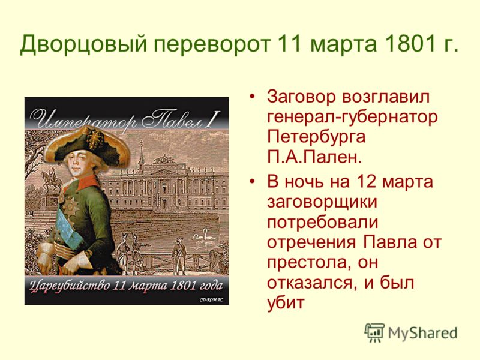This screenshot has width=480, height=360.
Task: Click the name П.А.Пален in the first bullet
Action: [x=314, y=157]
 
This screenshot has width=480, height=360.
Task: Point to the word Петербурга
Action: [x=316, y=137]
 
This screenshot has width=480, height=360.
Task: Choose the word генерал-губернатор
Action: [x=352, y=117]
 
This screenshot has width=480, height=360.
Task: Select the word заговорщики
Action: [x=322, y=202]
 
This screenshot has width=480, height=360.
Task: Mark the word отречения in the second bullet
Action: [x=311, y=242]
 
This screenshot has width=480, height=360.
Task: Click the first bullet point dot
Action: [x=252, y=97]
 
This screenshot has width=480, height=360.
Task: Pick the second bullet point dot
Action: [x=252, y=182]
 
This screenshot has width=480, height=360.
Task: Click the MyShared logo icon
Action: [x=374, y=332]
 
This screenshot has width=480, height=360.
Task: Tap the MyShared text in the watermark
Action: [x=423, y=333]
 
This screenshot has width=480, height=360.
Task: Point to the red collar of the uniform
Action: [x=89, y=183]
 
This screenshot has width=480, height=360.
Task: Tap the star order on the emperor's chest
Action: [x=71, y=208]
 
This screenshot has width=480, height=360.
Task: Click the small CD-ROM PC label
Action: [x=211, y=299]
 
